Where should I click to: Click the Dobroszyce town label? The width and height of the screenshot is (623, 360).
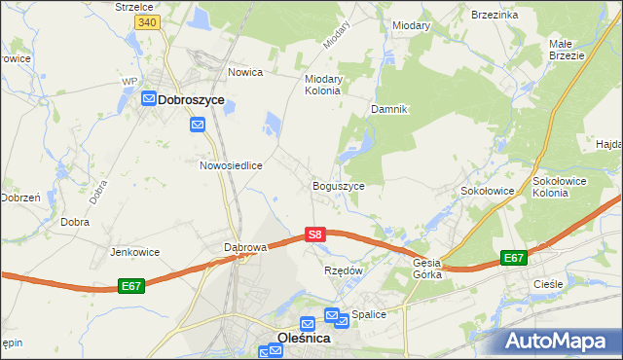[x=191, y=99]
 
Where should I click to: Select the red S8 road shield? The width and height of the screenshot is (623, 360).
[x=313, y=234]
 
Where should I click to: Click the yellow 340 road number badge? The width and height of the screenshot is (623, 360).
[x=147, y=21]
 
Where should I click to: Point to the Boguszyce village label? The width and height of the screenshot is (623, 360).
[x=338, y=185]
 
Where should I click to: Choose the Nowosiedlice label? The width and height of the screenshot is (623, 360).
[x=232, y=165]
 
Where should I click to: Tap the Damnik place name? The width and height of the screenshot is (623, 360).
[x=388, y=109]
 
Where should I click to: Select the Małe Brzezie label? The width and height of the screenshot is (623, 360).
[x=566, y=50]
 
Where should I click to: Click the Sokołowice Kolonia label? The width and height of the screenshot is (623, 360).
[x=564, y=187]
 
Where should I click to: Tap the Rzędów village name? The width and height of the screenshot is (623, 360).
[x=343, y=270]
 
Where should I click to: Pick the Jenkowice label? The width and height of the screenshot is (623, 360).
[x=135, y=251]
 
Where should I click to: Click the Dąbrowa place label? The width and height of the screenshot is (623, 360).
[x=245, y=247]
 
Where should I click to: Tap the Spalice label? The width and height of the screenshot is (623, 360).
[x=370, y=314]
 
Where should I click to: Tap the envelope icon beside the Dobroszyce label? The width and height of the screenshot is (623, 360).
[x=149, y=99]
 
